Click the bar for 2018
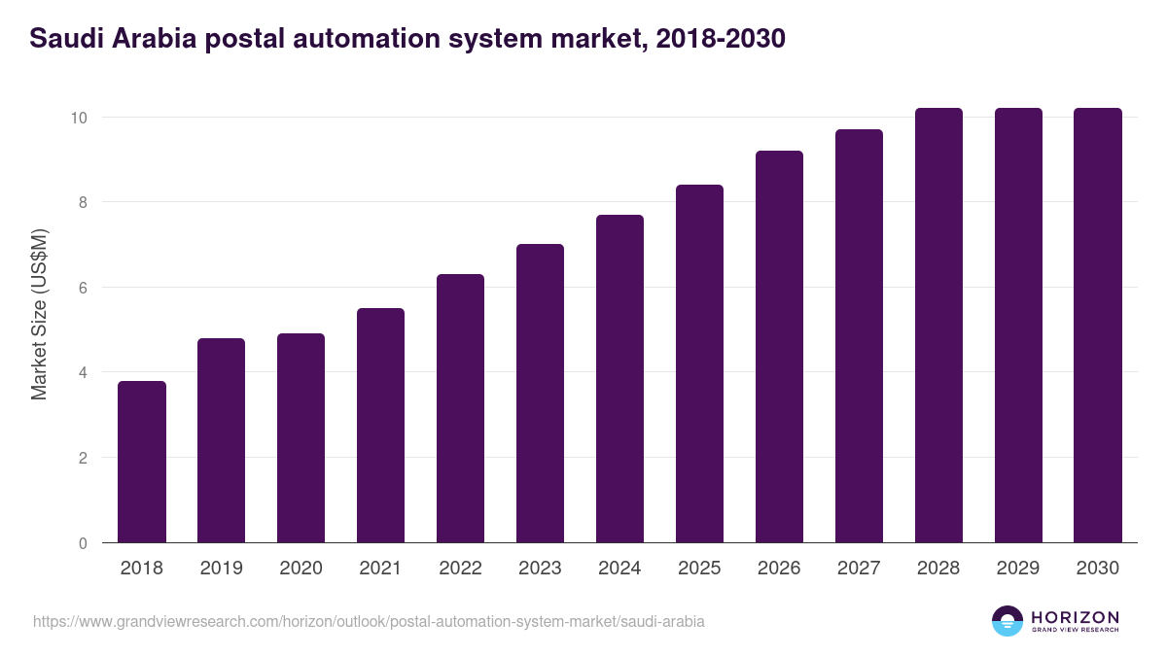(x=142, y=462)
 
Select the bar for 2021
(x=380, y=426)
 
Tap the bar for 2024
(x=619, y=379)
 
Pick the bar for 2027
(x=859, y=336)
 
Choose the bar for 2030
(x=1098, y=326)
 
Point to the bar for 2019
(x=222, y=440)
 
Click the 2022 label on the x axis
(x=460, y=569)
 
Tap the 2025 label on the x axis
(x=699, y=569)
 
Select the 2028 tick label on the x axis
(x=938, y=569)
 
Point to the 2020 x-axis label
(x=301, y=569)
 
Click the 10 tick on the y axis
(x=79, y=118)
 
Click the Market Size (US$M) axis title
(x=40, y=314)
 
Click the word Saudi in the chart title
(x=63, y=40)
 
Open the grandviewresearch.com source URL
(x=369, y=621)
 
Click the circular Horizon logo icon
(x=1008, y=621)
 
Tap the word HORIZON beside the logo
(x=1075, y=617)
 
